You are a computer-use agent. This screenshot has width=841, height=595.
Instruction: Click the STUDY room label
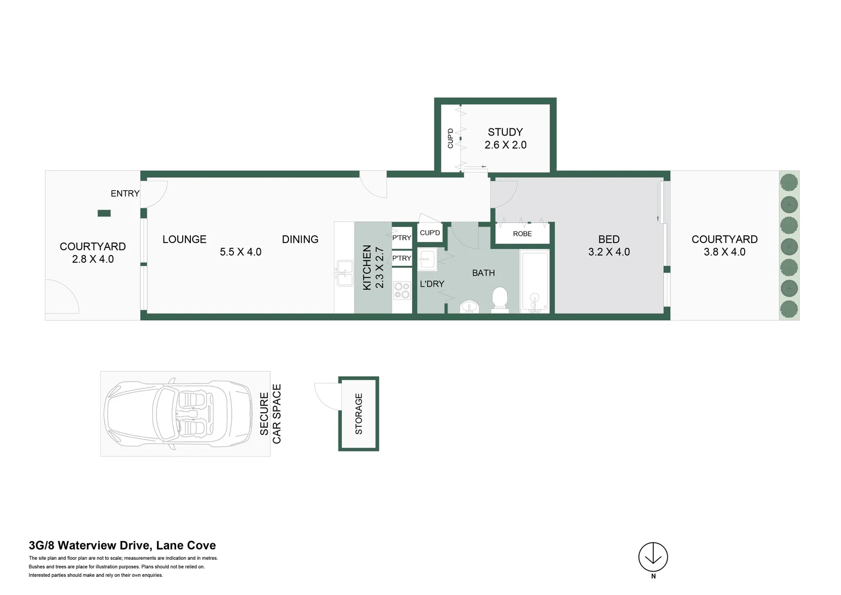505,132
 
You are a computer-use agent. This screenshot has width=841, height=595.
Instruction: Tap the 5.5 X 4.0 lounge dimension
241,252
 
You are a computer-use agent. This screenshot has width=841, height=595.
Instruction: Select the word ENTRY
125,193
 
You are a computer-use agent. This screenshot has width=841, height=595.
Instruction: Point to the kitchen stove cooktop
402,290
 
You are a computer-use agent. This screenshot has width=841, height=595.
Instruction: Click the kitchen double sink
344,273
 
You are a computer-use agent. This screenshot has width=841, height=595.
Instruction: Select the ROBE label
522,234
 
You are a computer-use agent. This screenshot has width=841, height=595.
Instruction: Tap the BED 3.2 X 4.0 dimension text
609,252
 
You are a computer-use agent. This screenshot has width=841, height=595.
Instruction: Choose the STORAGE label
359,414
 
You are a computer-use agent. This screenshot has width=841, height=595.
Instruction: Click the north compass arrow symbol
653,556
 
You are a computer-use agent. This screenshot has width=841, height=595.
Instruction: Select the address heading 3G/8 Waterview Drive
122,545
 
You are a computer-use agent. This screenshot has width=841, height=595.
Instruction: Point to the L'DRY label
432,284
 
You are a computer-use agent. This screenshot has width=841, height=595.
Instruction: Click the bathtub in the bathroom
534,282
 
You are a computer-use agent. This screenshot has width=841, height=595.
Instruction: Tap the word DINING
300,239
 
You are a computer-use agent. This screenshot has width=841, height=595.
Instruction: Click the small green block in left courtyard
104,213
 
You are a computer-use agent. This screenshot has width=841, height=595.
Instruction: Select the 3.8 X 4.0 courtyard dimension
724,252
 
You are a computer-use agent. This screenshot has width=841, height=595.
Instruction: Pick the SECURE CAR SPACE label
270,414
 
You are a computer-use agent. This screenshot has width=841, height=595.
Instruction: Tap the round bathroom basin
469,306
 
